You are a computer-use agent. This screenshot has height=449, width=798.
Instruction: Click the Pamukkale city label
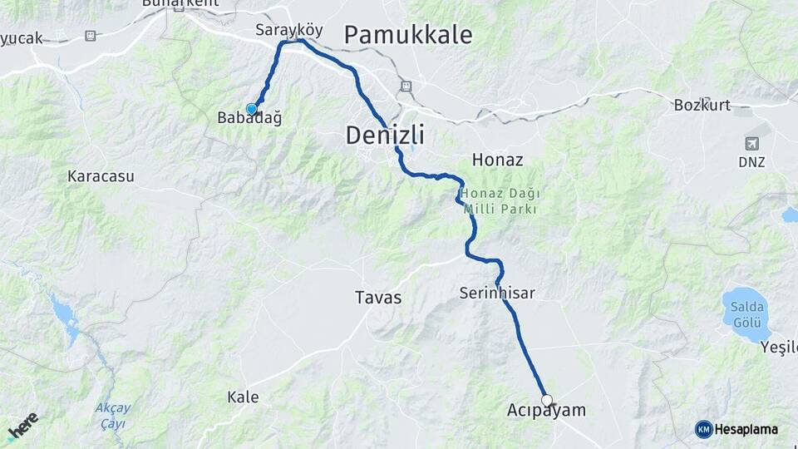pos(407,35)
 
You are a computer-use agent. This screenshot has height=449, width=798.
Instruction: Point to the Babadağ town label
pos(249,118)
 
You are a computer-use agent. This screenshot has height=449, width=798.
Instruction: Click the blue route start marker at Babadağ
pos(251,109)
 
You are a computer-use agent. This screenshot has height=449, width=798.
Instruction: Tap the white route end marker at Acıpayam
pos(547,400)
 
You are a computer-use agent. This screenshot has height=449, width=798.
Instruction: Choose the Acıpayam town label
pos(546,411)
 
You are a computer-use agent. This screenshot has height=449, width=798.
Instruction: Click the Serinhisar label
pos(497,293)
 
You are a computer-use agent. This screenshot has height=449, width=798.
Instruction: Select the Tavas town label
pos(377,297)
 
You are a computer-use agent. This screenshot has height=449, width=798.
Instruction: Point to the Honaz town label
pos(497,158)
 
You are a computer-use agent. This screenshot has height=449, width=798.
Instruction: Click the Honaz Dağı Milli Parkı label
pos(496,201)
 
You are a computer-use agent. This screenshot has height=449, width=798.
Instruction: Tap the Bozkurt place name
pos(702,105)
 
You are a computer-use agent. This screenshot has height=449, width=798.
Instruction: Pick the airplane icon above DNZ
pos(752,143)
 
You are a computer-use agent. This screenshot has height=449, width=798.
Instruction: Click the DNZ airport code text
pos(751,162)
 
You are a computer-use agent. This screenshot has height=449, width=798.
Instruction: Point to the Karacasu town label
pos(101,176)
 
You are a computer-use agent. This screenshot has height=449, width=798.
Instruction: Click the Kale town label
pos(243,397)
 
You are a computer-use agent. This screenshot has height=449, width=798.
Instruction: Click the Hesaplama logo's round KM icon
pos(703,429)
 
